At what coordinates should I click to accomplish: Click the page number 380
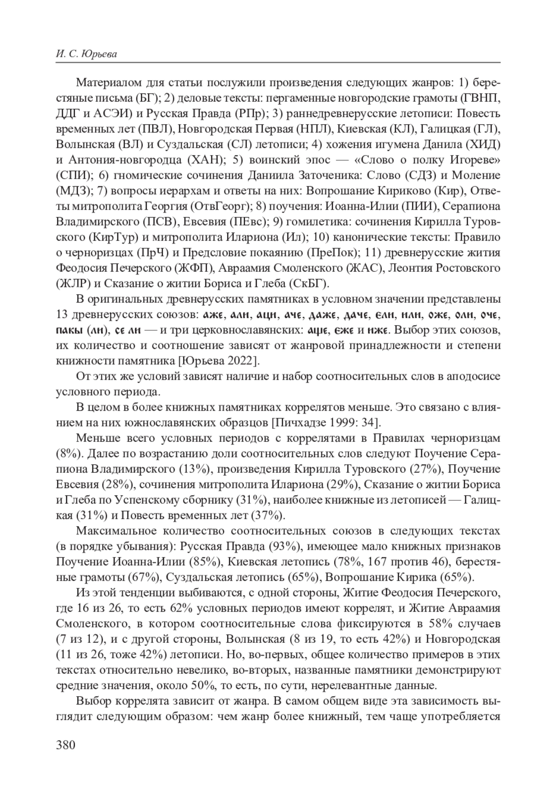(x=65, y=745)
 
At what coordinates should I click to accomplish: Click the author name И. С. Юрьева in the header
(x=86, y=54)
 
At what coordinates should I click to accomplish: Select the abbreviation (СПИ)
(x=72, y=176)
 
